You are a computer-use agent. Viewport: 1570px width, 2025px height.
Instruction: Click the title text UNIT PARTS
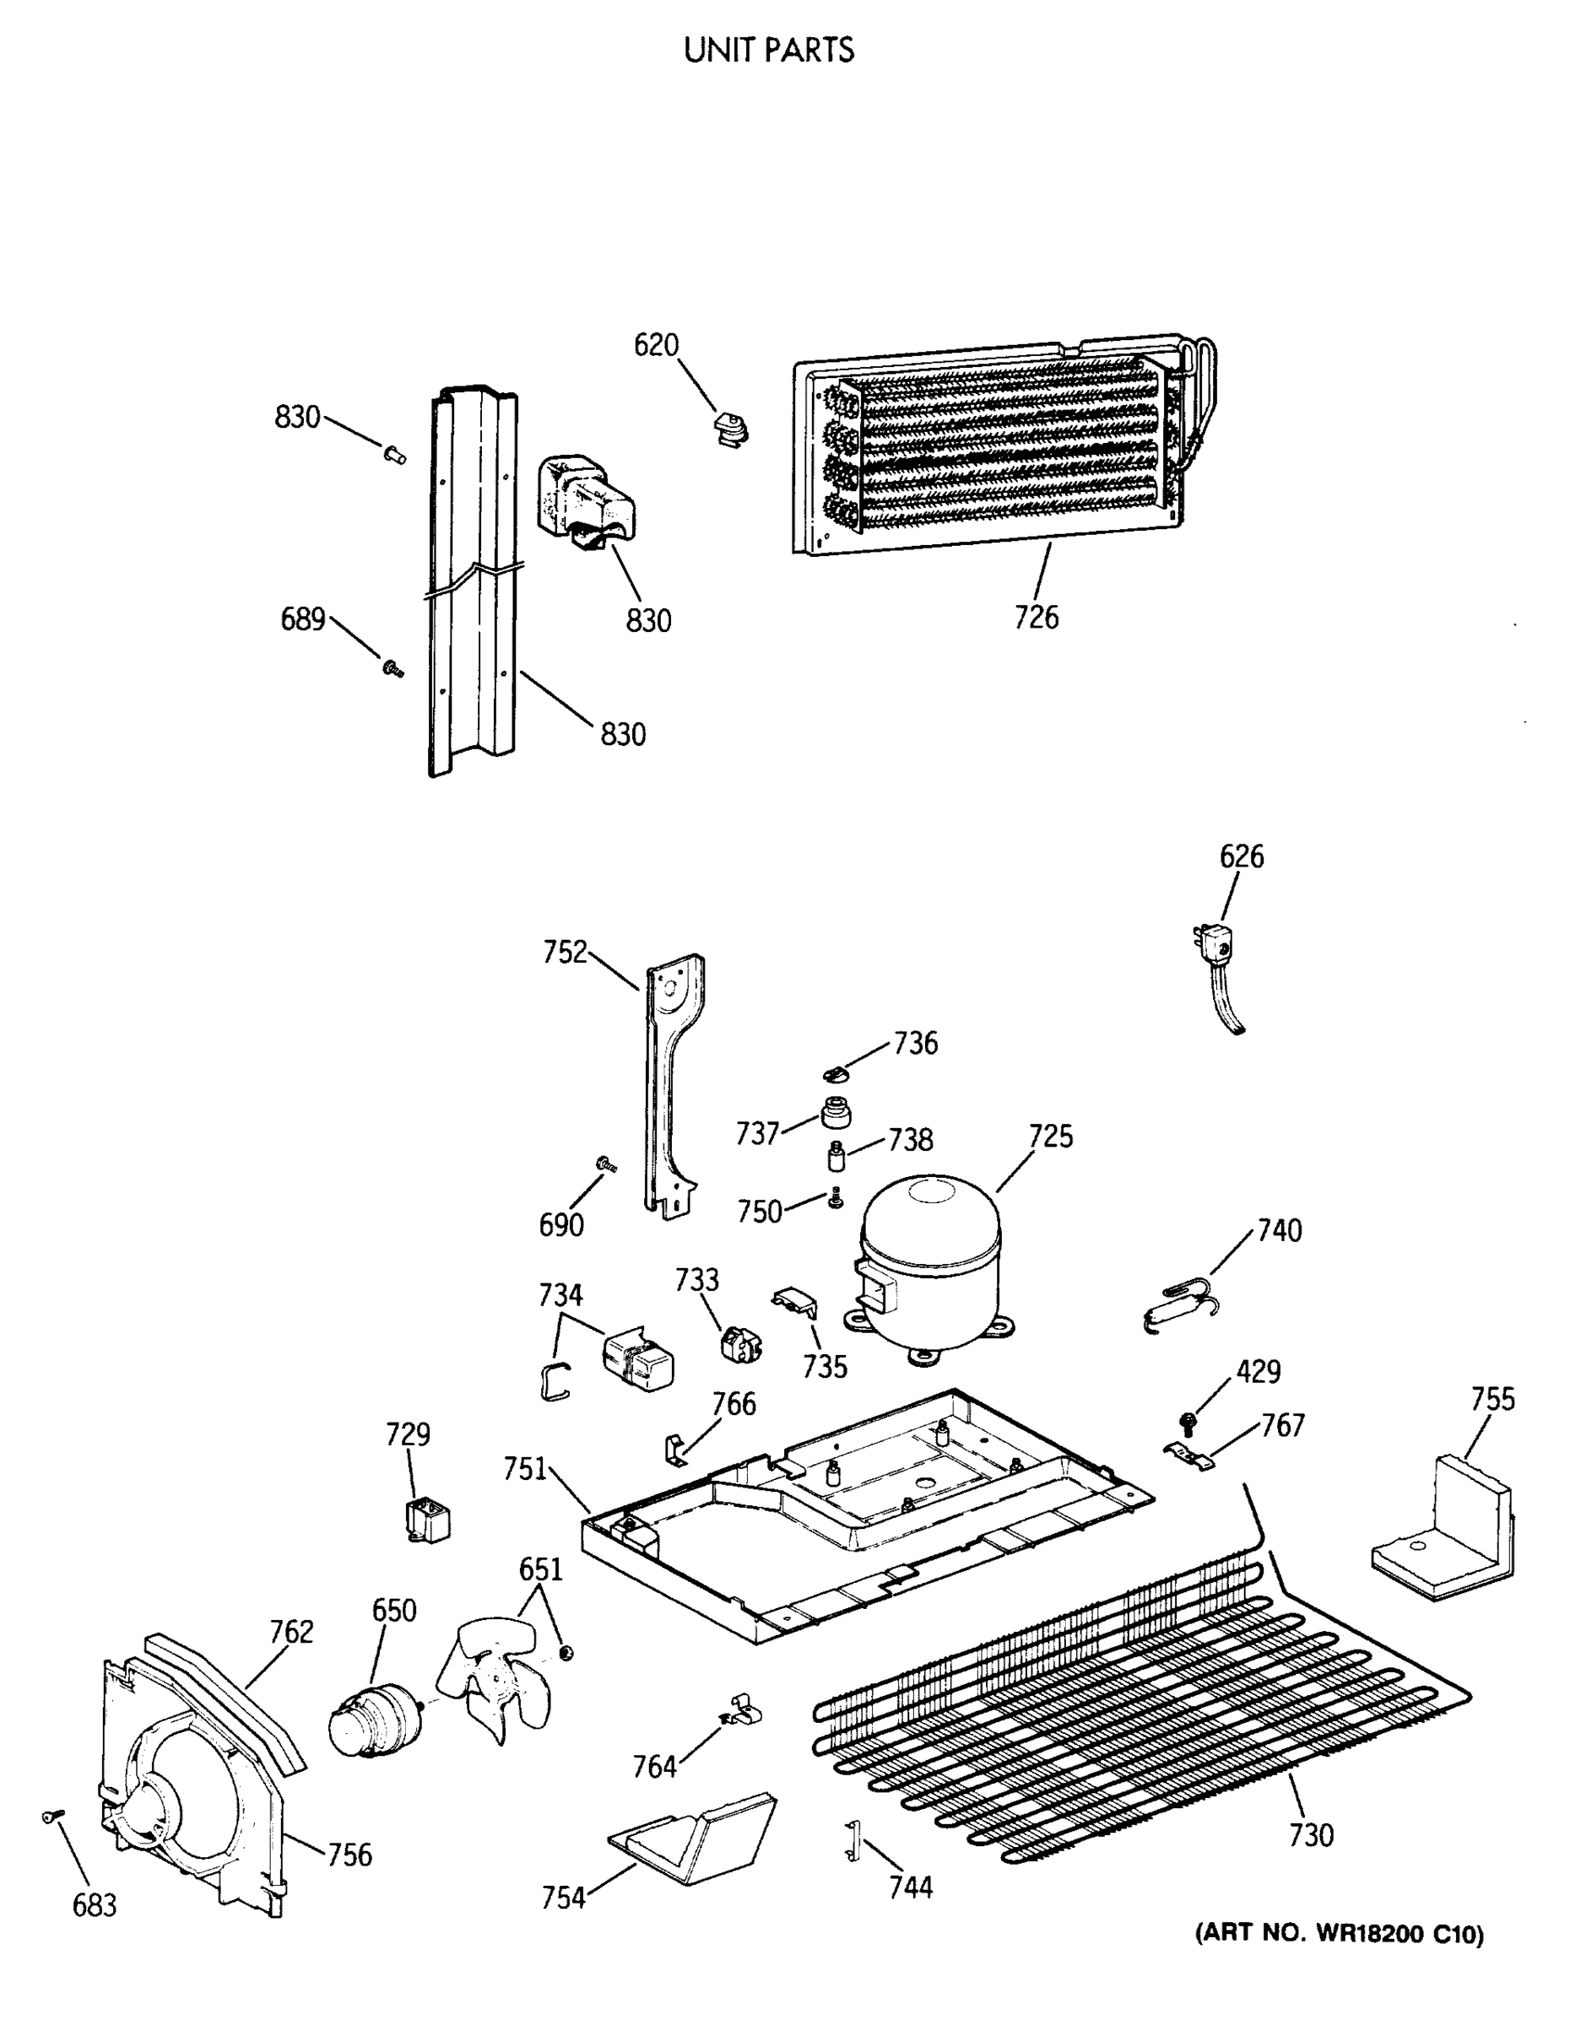(x=769, y=50)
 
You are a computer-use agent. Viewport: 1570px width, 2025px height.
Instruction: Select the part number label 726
(x=1036, y=617)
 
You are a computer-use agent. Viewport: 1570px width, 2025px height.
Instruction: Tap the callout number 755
(x=1493, y=1398)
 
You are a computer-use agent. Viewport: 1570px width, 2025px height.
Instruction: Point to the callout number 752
(x=565, y=951)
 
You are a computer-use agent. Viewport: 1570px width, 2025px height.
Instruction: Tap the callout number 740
(x=1279, y=1231)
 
